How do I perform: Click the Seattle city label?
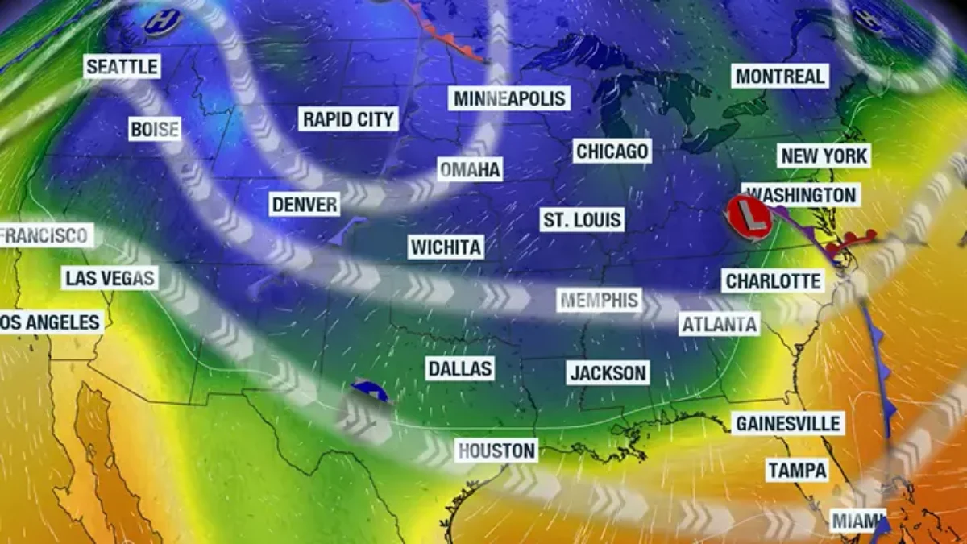(x=122, y=66)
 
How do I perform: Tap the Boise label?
(x=154, y=129)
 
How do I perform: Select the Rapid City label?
(x=349, y=119)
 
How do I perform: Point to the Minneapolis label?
(x=510, y=98)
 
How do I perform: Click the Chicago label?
(x=612, y=151)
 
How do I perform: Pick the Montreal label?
(x=780, y=77)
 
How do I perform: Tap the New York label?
(x=824, y=156)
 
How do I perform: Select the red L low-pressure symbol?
(x=747, y=216)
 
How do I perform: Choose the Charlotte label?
(x=773, y=280)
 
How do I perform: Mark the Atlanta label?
(x=720, y=324)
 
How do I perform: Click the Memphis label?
(x=600, y=301)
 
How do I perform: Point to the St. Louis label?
(x=582, y=219)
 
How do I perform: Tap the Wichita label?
(x=446, y=247)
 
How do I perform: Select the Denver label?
(x=304, y=204)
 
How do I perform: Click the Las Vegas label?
(x=110, y=279)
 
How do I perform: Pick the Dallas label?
(x=459, y=368)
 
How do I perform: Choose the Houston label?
(x=496, y=450)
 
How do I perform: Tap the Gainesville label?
(x=787, y=423)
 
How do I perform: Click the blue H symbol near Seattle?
(x=162, y=22)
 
